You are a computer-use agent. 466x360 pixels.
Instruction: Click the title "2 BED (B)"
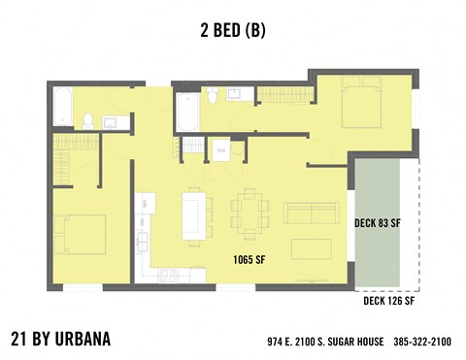click(x=231, y=30)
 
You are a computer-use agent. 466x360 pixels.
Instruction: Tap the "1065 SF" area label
click(x=250, y=259)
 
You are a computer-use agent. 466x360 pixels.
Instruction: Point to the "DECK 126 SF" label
click(x=388, y=302)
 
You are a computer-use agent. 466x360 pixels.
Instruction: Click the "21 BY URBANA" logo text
click(x=60, y=339)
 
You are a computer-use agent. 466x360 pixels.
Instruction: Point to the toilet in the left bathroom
click(x=87, y=121)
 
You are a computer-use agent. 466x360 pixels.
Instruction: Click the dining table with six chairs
click(x=250, y=213)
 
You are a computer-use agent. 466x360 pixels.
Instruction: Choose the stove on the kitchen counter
click(x=167, y=275)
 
